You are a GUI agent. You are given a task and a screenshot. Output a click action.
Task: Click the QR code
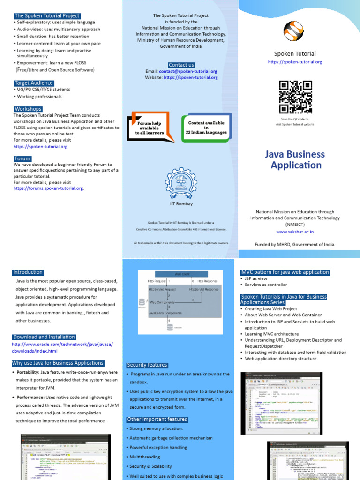(x=295, y=97)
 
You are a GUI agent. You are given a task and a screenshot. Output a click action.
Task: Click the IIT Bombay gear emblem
(x=181, y=183)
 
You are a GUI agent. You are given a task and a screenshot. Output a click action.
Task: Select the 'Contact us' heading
(x=181, y=65)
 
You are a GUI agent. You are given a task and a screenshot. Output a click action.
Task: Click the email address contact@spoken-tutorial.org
(x=188, y=72)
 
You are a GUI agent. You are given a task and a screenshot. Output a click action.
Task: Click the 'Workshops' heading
(x=28, y=109)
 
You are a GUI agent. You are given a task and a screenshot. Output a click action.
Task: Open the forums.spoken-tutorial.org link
(x=48, y=188)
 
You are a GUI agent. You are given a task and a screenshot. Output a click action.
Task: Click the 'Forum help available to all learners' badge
(x=150, y=126)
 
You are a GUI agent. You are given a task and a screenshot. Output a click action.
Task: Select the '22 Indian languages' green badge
(x=207, y=127)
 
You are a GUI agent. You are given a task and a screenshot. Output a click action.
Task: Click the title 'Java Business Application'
(x=295, y=159)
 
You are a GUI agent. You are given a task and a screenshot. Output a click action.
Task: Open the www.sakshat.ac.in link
(x=295, y=232)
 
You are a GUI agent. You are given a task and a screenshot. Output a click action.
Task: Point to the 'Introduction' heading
(x=28, y=272)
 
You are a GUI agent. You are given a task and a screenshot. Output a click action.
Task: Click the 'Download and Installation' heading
(x=44, y=337)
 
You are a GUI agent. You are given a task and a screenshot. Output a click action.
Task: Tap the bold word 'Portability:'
(x=30, y=372)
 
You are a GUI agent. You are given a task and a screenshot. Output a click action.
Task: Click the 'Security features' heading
(x=147, y=365)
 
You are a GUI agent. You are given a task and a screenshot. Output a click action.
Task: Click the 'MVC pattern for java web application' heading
(x=285, y=272)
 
